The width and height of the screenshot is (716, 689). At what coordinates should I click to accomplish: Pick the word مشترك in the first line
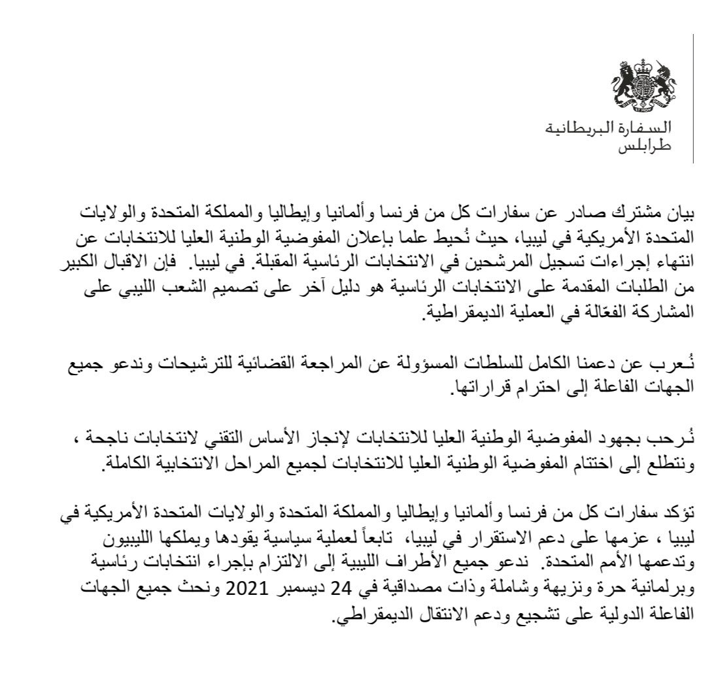point(645,214)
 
